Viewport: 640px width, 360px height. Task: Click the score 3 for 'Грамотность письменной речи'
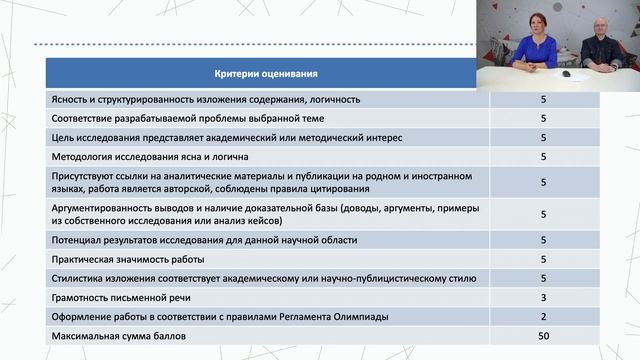(542, 298)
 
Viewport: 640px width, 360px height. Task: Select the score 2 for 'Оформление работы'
(542, 317)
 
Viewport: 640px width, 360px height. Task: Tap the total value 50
(542, 336)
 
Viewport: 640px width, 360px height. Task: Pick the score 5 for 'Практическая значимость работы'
(542, 260)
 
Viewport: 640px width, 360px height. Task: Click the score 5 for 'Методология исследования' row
(542, 157)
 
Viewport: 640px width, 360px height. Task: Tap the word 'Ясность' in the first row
(69, 100)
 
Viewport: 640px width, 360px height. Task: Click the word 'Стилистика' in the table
(78, 279)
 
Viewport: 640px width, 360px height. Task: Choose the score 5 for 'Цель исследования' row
(542, 138)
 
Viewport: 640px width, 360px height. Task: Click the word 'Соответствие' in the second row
(83, 119)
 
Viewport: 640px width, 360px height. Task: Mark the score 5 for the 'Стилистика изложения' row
(542, 279)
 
